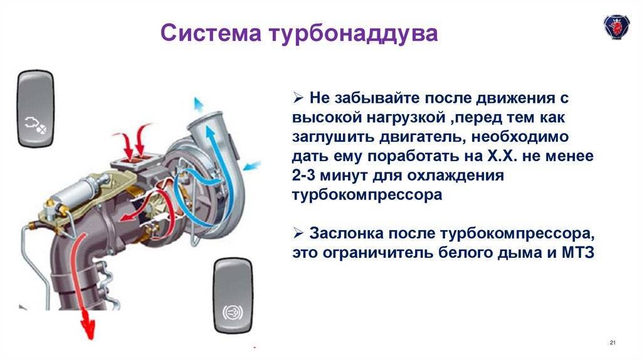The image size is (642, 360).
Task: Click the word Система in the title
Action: pos(211,33)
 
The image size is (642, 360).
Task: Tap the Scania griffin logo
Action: pos(616,27)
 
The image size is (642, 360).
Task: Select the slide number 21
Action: pos(613,342)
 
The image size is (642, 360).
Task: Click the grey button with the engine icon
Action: pos(36,109)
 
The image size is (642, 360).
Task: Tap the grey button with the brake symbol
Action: pos(233,295)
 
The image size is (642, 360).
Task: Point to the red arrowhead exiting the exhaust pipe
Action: pos(87,327)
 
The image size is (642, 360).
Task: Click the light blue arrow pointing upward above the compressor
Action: pos(199,105)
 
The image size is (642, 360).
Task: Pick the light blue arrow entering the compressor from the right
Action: pos(252,166)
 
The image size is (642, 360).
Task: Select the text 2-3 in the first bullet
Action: pos(303,175)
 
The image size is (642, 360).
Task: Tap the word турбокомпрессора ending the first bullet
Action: pos(367,195)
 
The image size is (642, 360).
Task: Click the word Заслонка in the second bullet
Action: pos(346,233)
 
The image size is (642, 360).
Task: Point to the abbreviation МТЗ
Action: pos(577,252)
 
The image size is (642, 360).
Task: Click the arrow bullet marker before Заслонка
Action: pos(298,233)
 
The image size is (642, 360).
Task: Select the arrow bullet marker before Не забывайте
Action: pos(298,98)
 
